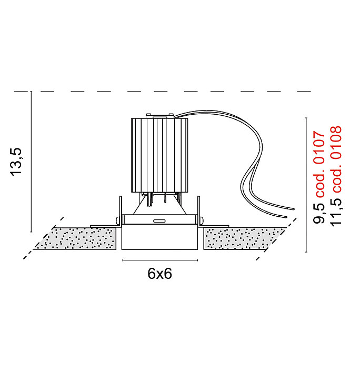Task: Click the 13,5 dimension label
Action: (x=17, y=162)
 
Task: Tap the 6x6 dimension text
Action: (x=160, y=274)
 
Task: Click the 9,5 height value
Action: (x=319, y=213)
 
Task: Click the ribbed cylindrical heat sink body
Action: (x=159, y=155)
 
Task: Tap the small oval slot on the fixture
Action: (x=159, y=221)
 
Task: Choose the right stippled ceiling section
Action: (x=244, y=238)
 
